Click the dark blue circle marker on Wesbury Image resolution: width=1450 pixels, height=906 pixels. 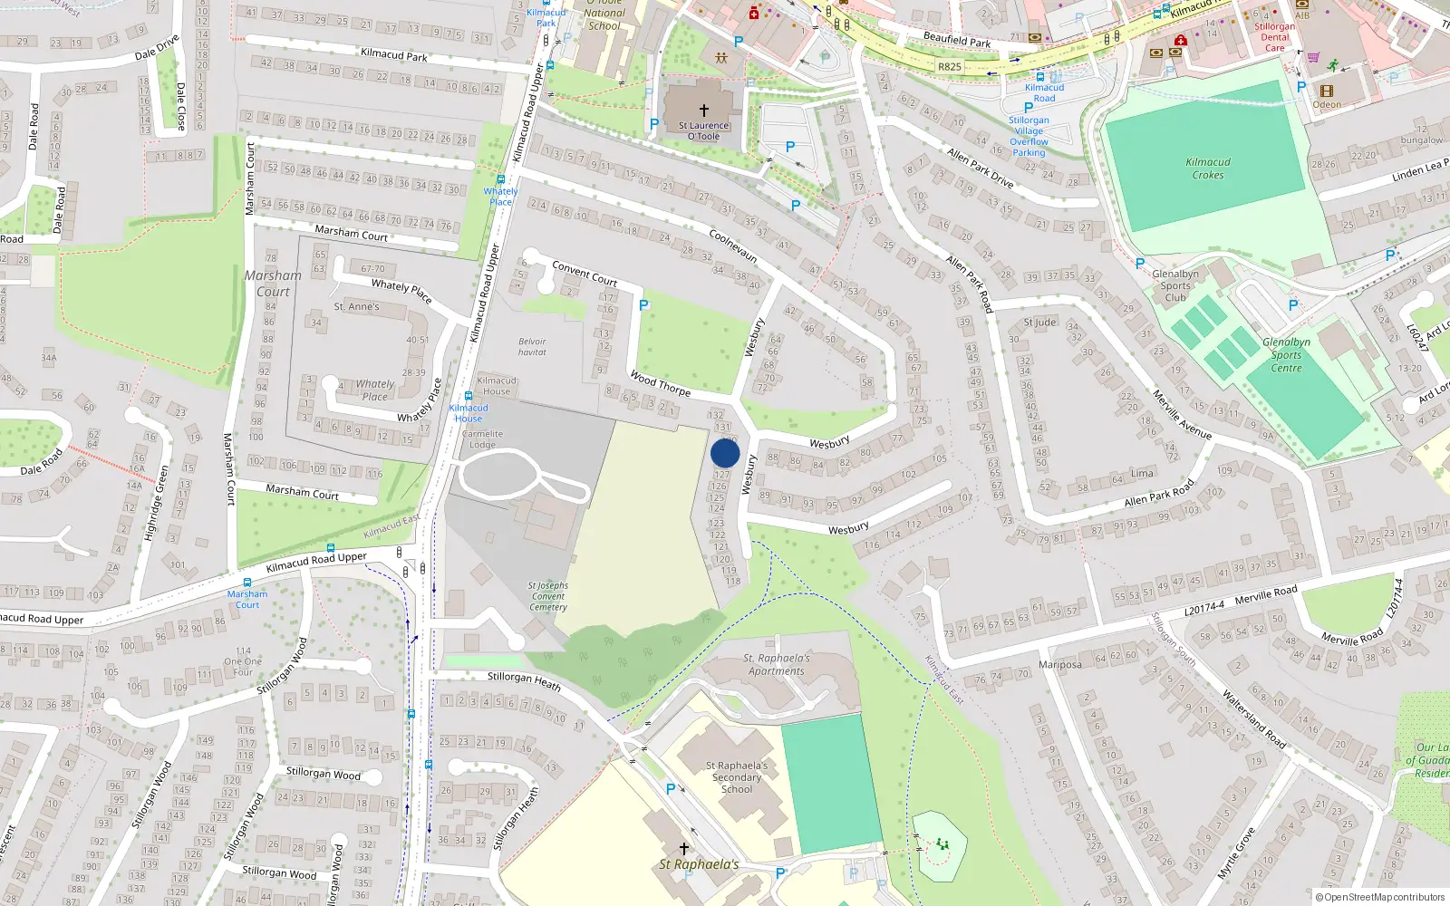click(725, 453)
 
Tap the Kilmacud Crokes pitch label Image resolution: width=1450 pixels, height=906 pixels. click(1208, 169)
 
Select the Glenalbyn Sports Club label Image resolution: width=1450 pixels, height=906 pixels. click(1175, 285)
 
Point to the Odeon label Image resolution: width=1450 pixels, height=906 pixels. click(1327, 104)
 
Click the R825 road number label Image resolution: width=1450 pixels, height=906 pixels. click(950, 67)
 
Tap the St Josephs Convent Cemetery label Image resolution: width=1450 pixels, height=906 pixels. click(548, 596)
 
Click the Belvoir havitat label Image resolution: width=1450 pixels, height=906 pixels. click(532, 347)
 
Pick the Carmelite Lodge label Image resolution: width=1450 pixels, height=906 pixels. click(482, 439)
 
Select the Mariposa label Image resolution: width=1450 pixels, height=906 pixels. click(1060, 664)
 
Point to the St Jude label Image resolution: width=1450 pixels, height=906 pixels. click(1039, 323)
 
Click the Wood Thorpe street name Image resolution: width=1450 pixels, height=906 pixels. click(660, 384)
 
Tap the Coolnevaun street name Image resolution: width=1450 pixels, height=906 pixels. click(733, 246)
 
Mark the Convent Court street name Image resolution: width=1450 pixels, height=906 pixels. click(585, 274)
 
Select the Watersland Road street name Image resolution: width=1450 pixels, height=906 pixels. click(1254, 719)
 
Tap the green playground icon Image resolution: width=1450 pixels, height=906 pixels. click(942, 844)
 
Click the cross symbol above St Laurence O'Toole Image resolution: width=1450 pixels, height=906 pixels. click(704, 111)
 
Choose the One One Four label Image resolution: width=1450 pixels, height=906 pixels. click(243, 661)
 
